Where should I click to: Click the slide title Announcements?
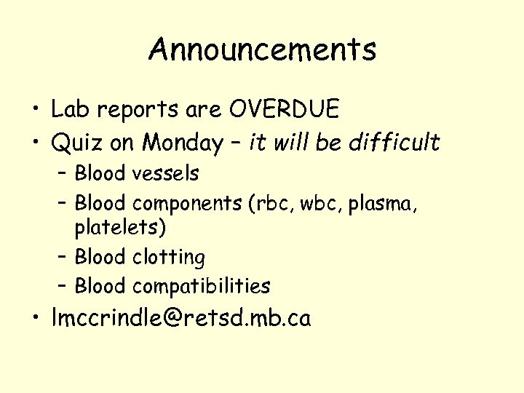[263, 50]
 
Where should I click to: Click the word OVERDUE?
[284, 110]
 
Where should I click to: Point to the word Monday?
[182, 143]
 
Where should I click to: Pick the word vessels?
[165, 173]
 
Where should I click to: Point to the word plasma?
[383, 203]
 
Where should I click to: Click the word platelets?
[119, 228]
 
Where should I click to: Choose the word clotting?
[169, 257]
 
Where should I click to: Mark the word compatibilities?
[201, 286]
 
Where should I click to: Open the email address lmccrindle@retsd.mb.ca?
[181, 318]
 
